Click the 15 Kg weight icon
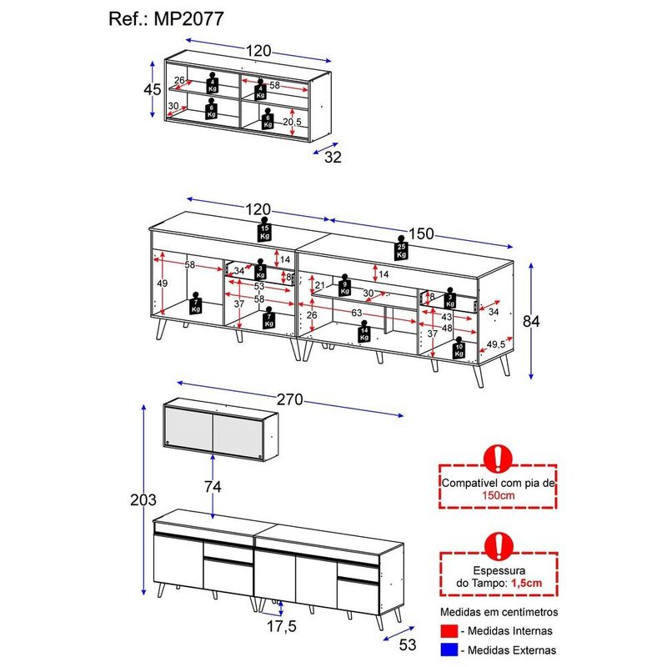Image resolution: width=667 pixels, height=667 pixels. (264, 232)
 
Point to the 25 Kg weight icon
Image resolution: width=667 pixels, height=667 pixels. (402, 248)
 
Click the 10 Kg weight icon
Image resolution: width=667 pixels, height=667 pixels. (458, 349)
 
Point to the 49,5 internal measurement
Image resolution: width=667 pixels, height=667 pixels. (497, 343)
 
